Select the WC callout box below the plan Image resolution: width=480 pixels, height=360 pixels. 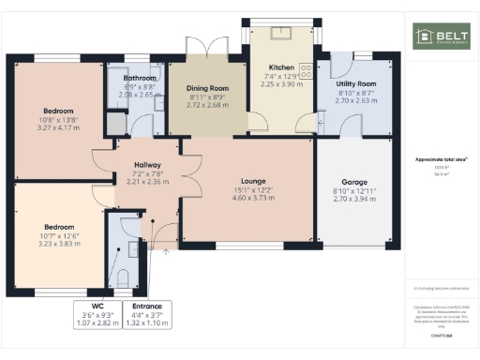[97, 314]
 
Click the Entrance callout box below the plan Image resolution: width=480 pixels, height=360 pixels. [146, 314]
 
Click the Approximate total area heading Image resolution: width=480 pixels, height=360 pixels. [441, 160]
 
